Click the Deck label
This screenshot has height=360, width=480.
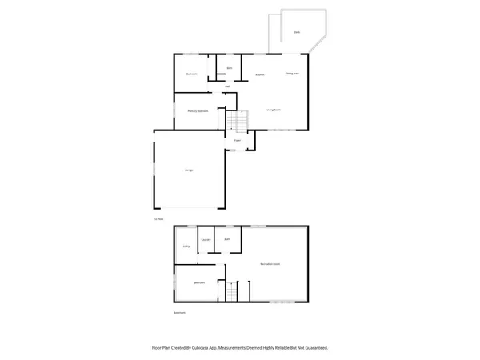(x=297, y=32)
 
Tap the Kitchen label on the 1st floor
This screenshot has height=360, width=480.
(x=260, y=75)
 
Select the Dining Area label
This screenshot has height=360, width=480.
(x=292, y=74)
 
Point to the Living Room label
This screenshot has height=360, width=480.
(x=274, y=110)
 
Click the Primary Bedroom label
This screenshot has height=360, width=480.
(x=198, y=111)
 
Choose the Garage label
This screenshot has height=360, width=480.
(x=189, y=170)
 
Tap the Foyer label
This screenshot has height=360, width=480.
(x=238, y=140)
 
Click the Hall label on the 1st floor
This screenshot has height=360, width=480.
(x=227, y=86)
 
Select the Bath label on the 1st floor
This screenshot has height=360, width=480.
(x=230, y=68)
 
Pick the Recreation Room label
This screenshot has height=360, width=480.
(x=270, y=264)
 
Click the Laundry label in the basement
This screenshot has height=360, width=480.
(x=206, y=240)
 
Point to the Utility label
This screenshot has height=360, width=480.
(x=186, y=246)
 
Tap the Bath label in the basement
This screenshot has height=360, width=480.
(x=227, y=239)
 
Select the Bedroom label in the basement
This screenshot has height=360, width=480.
(x=198, y=282)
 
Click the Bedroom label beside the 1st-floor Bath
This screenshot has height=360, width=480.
(x=192, y=74)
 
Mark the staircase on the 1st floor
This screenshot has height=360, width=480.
(x=234, y=122)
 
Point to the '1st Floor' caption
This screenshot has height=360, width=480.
(x=158, y=218)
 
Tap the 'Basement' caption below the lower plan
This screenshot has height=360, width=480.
(x=180, y=312)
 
